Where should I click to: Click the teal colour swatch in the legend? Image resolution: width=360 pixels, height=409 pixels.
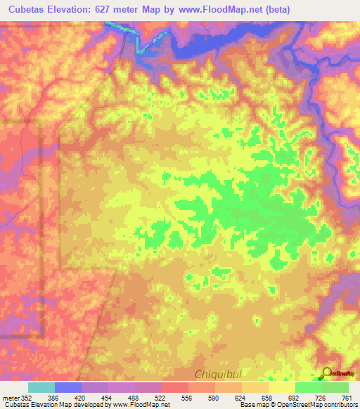point(41,387)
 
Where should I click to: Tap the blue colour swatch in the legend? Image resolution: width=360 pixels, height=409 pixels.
point(68,387)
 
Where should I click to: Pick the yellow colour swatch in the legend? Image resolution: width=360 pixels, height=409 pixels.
point(281,387)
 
